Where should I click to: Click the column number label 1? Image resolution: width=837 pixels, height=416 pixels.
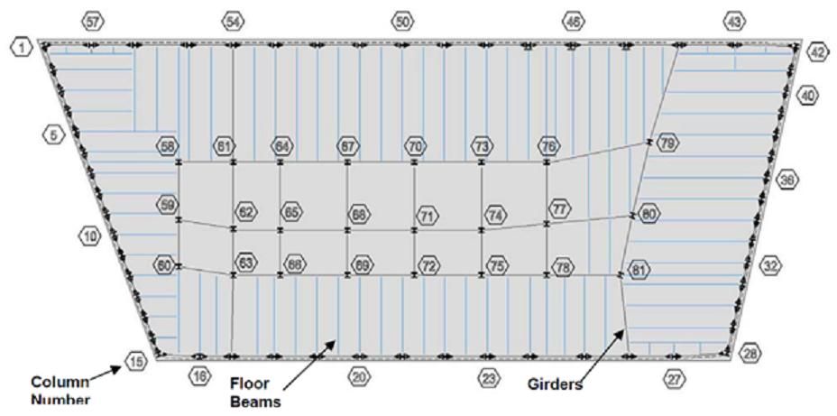pos(21,45)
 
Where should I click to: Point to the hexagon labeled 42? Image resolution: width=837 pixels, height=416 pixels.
pos(817,51)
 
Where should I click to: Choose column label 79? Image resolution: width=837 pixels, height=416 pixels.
pos(667,143)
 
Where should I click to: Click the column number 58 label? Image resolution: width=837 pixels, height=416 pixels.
pos(167,146)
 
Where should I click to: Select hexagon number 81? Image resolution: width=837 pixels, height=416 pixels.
pos(639,269)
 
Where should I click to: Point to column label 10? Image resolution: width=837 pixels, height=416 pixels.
pos(90,236)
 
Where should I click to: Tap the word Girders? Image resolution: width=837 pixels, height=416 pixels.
pos(555,384)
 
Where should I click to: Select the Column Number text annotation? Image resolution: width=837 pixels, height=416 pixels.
pos(62,388)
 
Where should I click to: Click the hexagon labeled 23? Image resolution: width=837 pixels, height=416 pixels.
pos(488,378)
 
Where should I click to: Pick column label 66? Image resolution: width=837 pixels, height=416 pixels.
pos(294,264)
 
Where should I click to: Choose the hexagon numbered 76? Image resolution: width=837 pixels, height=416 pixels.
pos(548,146)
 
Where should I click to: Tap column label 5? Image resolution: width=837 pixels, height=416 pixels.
pos(53,134)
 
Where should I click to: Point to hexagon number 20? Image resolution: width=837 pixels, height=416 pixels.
pos(359,377)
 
